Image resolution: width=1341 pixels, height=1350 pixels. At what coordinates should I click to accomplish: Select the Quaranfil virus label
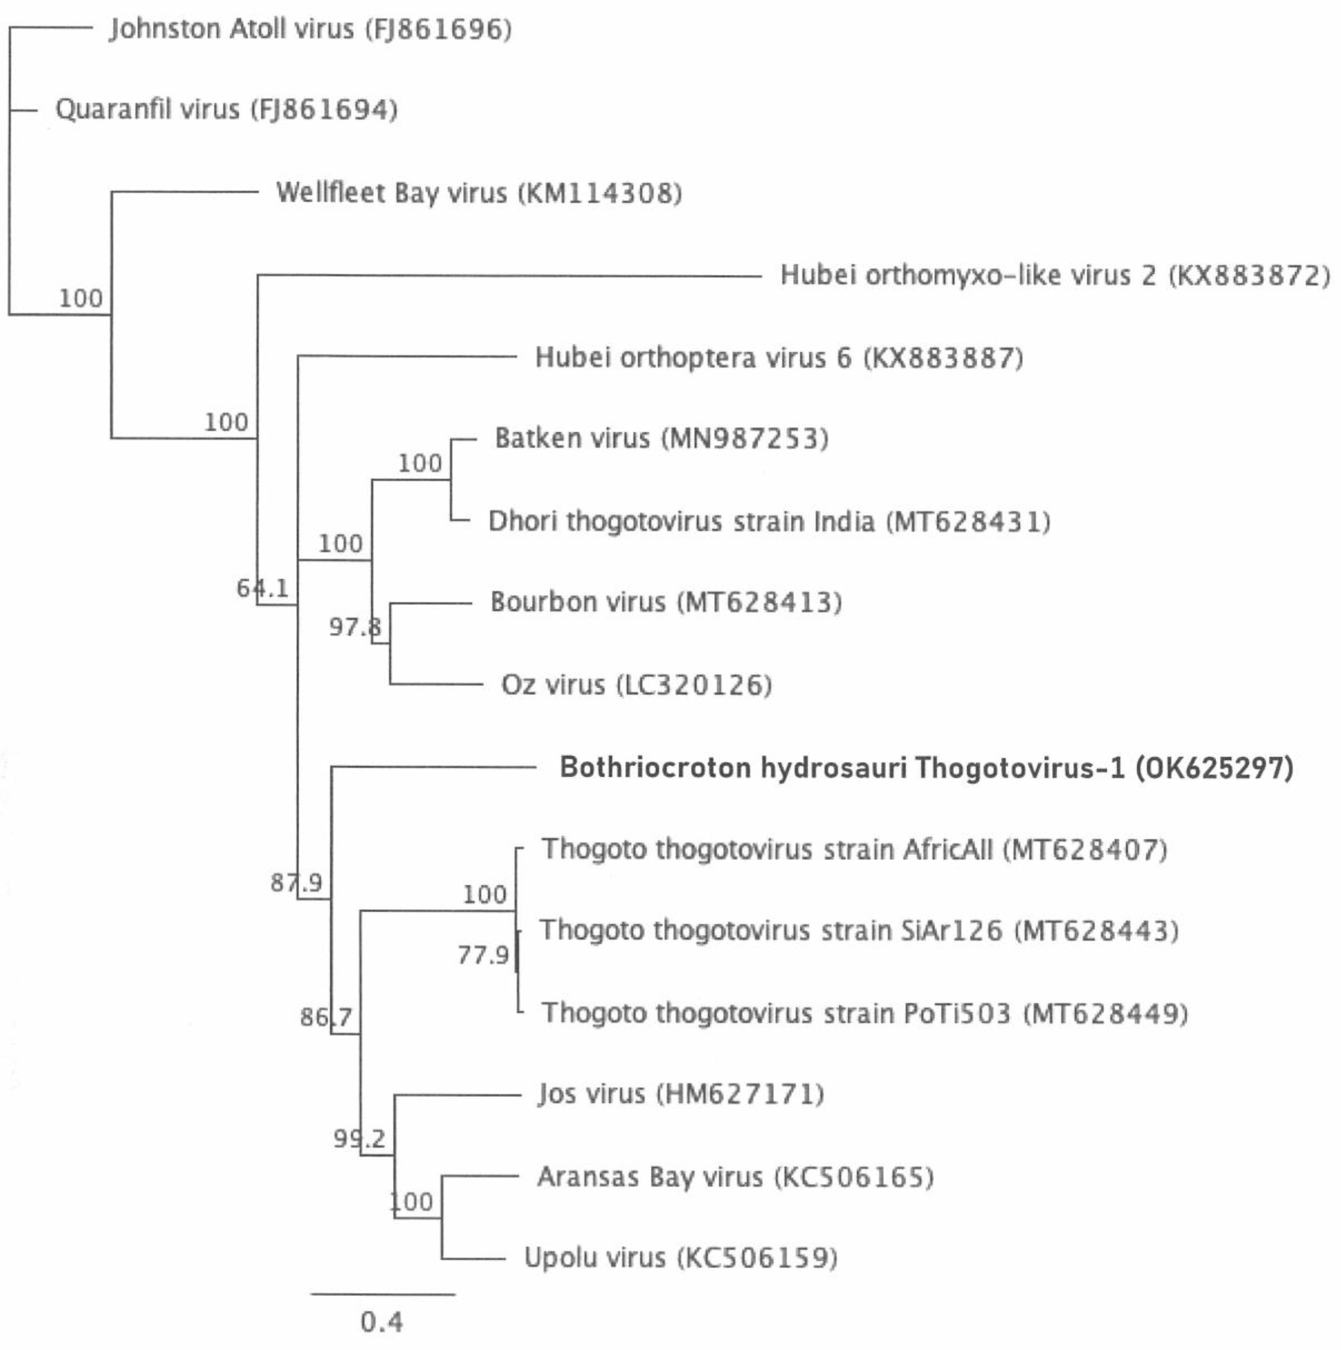pyautogui.click(x=226, y=110)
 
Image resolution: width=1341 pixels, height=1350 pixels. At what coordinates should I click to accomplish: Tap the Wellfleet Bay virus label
pyautogui.click(x=478, y=193)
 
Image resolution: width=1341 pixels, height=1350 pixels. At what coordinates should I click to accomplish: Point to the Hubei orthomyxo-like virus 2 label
pyautogui.click(x=1055, y=275)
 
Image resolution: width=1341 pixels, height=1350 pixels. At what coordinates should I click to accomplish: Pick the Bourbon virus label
pyautogui.click(x=666, y=602)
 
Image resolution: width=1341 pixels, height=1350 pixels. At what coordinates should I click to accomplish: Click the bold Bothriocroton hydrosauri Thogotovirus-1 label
pyautogui.click(x=926, y=768)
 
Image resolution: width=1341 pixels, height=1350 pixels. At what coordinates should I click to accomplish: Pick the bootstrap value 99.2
pyautogui.click(x=359, y=1139)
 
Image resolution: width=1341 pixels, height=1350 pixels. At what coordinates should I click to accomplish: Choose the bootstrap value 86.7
pyautogui.click(x=326, y=1017)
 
